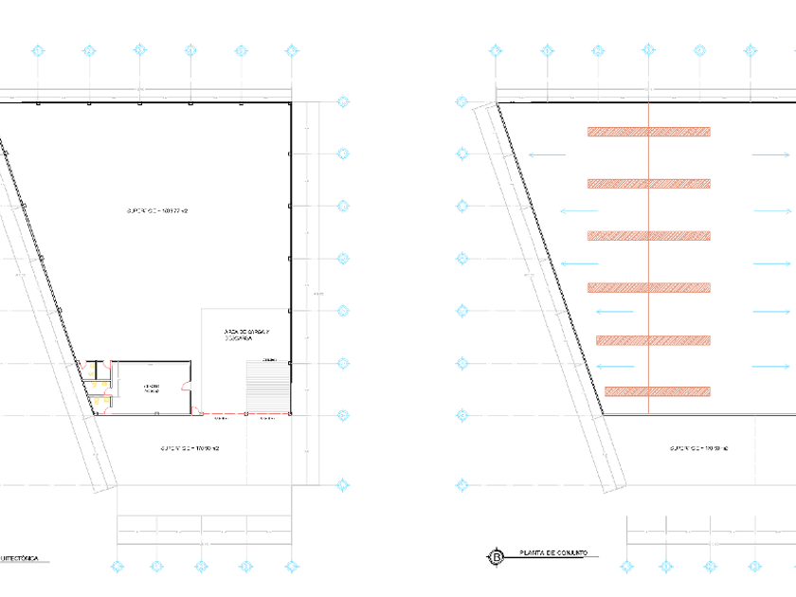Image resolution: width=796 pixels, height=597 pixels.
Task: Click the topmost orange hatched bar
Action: coord(648,132)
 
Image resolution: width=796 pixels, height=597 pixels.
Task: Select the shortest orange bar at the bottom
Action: coord(658,391)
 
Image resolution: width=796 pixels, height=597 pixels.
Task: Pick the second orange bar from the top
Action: coord(648,184)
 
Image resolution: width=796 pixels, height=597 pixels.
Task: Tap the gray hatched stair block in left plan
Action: coord(267,386)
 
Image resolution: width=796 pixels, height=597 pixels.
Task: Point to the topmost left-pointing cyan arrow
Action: coord(547,154)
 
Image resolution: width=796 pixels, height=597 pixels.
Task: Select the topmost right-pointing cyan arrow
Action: coord(770,154)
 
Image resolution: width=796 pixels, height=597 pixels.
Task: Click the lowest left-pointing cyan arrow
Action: coord(616,367)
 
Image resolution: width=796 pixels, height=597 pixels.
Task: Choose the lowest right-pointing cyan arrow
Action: coord(770,367)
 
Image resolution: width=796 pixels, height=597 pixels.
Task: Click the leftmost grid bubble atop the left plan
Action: coord(38,51)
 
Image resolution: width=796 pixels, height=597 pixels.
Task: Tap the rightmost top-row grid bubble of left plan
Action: coord(292,51)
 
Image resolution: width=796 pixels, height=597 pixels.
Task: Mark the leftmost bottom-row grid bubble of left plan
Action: coord(118,567)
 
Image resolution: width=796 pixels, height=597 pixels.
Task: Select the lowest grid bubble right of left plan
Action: coord(343,485)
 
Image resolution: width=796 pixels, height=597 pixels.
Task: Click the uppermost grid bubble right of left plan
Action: coord(343,101)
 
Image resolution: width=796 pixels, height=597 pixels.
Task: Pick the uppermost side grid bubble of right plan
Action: coord(462,101)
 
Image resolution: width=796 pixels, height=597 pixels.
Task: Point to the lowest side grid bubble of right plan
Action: coord(462,485)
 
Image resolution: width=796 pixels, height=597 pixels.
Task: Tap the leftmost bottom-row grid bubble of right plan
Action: coord(627,567)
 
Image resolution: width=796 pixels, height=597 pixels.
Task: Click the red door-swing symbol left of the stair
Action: coord(187,386)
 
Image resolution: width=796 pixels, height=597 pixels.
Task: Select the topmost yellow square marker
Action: coord(92,366)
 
